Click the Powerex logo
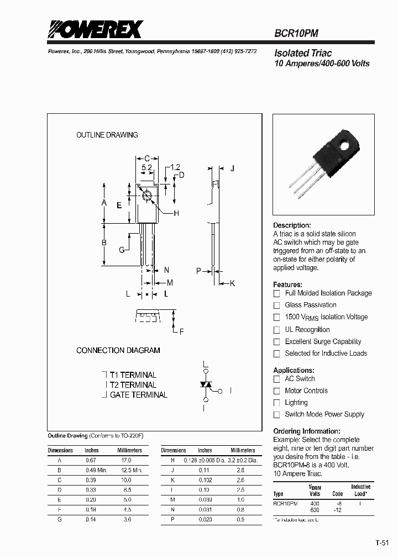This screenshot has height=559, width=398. tap(95, 29)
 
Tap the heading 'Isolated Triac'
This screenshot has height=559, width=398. tap(303, 53)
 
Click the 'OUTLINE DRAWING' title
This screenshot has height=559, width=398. tap(107, 135)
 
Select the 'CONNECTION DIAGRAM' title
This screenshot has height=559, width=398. tap(118, 350)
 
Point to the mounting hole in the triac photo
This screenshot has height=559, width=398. tap(346, 146)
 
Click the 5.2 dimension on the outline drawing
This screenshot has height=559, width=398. tap(146, 167)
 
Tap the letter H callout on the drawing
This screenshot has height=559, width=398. tap(176, 213)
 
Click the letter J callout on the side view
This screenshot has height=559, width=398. tap(233, 168)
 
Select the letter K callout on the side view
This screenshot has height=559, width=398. tap(233, 283)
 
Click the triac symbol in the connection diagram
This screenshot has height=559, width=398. tap(206, 383)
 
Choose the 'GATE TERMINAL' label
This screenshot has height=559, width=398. tap(138, 395)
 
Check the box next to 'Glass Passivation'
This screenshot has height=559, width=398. tap(277, 305)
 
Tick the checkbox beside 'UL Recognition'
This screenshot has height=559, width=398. tap(277, 330)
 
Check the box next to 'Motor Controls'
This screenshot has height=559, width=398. tap(277, 391)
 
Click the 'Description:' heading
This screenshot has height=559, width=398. tap(292, 225)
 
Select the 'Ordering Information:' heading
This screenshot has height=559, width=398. tap(307, 431)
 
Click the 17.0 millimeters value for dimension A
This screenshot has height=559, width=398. tap(126, 460)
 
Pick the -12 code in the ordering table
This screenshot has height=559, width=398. tap(337, 510)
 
